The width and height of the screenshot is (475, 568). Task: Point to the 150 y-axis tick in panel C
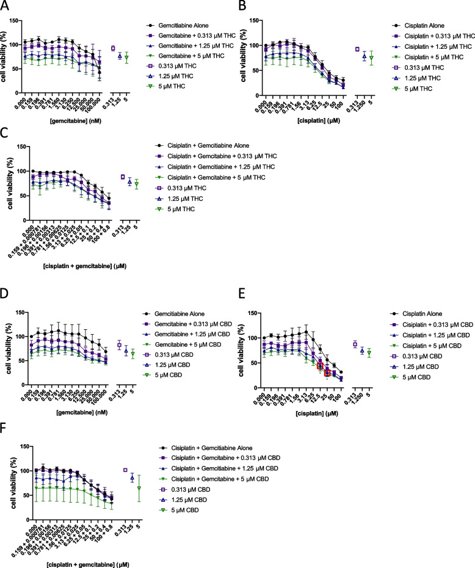[x=23, y=147]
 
